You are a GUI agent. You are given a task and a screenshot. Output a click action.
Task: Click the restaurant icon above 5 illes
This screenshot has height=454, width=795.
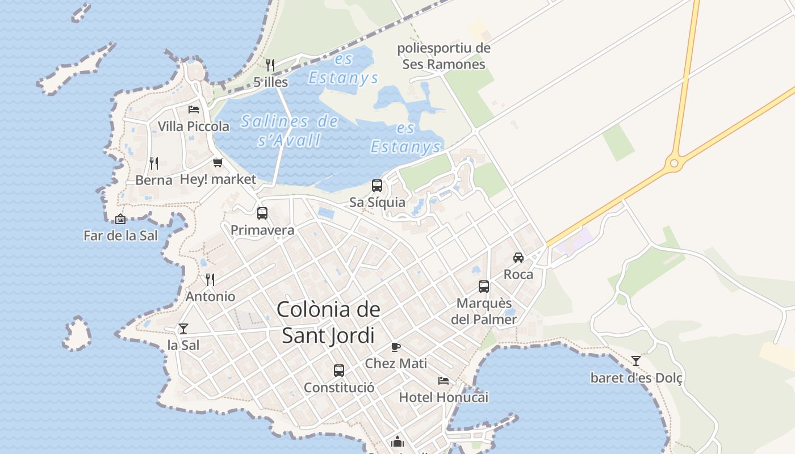pyautogui.click(x=270, y=65)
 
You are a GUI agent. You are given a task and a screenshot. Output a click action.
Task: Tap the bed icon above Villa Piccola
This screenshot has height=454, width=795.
pyautogui.click(x=194, y=109)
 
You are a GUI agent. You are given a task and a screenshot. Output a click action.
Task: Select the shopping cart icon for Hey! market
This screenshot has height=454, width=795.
pyautogui.click(x=217, y=163)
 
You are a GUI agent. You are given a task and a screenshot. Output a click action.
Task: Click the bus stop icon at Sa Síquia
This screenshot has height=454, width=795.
pyautogui.click(x=377, y=186)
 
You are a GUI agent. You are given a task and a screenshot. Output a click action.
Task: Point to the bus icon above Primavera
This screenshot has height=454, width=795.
pyautogui.click(x=262, y=213)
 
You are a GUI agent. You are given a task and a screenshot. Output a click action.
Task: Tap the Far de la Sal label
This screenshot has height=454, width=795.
pyautogui.click(x=120, y=236)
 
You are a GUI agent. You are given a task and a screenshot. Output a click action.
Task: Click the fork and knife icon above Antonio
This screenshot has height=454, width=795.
pyautogui.click(x=210, y=279)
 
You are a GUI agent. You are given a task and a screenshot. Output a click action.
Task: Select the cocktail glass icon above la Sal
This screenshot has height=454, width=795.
pyautogui.click(x=183, y=328)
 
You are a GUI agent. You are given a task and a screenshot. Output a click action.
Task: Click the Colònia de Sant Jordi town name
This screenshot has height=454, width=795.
pyautogui.click(x=329, y=322)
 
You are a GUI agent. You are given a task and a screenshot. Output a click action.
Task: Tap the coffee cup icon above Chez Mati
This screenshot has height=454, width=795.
pyautogui.click(x=396, y=347)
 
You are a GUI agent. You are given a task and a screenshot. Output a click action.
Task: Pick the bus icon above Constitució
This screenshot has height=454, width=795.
pyautogui.click(x=339, y=371)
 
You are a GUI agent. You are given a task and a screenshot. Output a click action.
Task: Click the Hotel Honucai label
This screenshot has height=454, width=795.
pyautogui.click(x=443, y=397)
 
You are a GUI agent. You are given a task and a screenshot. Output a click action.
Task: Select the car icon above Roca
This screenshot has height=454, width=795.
pyautogui.click(x=518, y=258)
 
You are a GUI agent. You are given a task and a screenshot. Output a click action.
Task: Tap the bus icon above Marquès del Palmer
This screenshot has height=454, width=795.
pyautogui.click(x=484, y=287)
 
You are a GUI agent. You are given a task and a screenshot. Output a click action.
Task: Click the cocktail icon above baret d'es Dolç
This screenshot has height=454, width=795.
pyautogui.click(x=636, y=360)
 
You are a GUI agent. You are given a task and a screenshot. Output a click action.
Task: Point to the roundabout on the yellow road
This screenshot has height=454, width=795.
pyautogui.click(x=674, y=163)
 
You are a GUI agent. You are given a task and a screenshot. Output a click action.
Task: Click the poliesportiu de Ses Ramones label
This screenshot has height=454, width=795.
pyautogui.click(x=443, y=56)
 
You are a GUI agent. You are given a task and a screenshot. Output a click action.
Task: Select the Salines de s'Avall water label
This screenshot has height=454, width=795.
pyautogui.click(x=289, y=130)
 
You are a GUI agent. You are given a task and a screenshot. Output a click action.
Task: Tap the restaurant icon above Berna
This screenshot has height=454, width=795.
pyautogui.click(x=154, y=163)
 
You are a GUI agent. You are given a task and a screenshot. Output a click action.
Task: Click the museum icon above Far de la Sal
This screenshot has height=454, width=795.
pyautogui.click(x=120, y=219)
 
